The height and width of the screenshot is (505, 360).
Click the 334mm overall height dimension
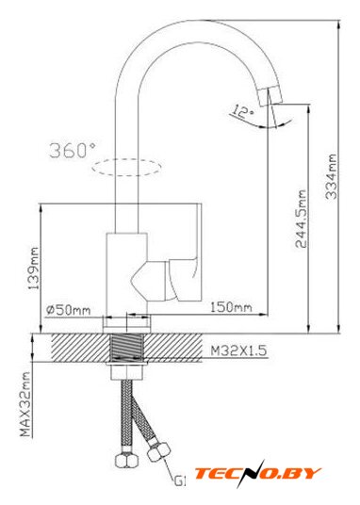(x=332, y=176)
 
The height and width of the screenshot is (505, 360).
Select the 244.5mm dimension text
(x=301, y=219)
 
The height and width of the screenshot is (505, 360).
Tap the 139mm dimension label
(x=33, y=269)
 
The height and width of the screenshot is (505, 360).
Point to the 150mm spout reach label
(x=231, y=306)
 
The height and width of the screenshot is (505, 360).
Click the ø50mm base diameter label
(x=68, y=310)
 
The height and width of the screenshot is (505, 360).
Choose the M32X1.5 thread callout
(x=238, y=350)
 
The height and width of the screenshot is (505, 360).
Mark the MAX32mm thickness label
(x=25, y=404)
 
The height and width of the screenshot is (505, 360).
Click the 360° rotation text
(x=73, y=150)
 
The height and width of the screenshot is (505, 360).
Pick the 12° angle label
(x=243, y=111)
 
